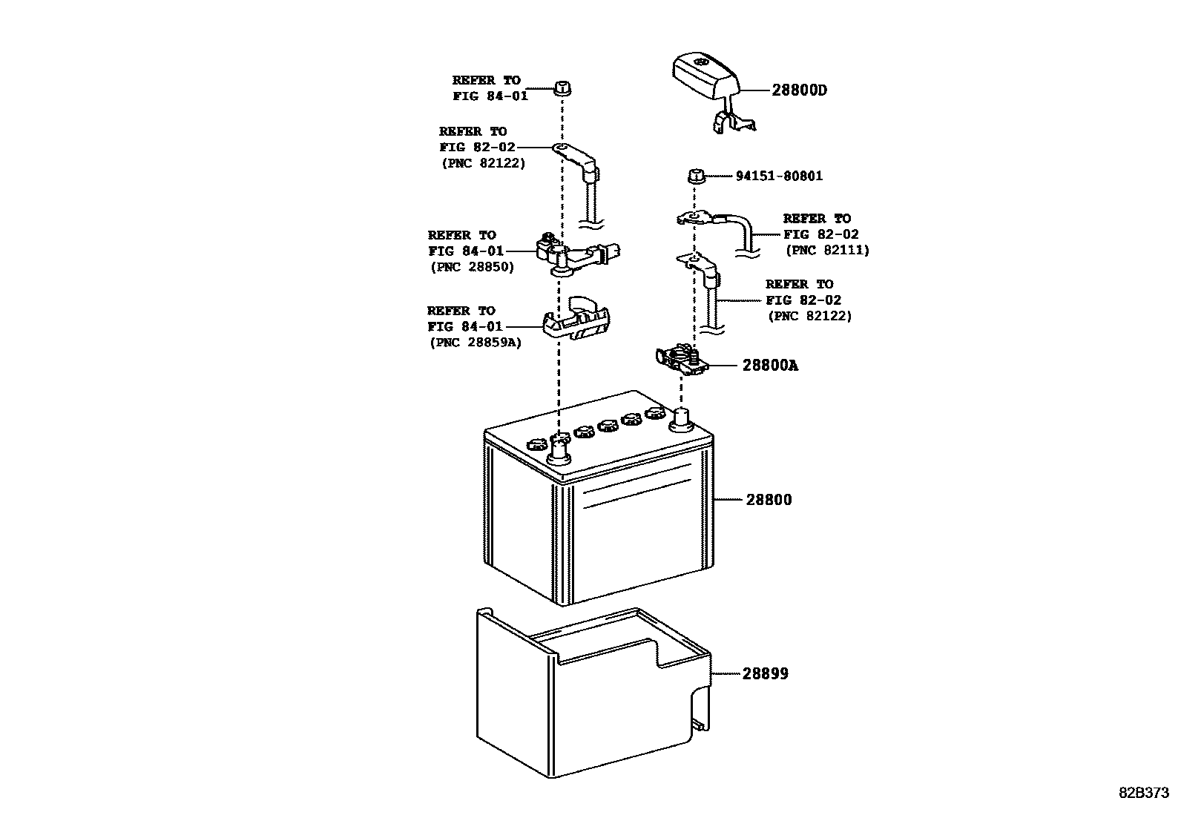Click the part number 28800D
(799, 90)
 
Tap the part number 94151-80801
(779, 176)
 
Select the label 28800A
(770, 366)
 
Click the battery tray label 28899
(766, 674)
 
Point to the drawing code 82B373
(1144, 792)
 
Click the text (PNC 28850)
(472, 267)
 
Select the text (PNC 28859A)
(475, 343)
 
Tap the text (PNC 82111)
(827, 251)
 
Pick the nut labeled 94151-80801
(694, 176)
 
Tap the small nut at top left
(562, 88)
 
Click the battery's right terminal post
(680, 420)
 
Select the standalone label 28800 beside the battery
(769, 500)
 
